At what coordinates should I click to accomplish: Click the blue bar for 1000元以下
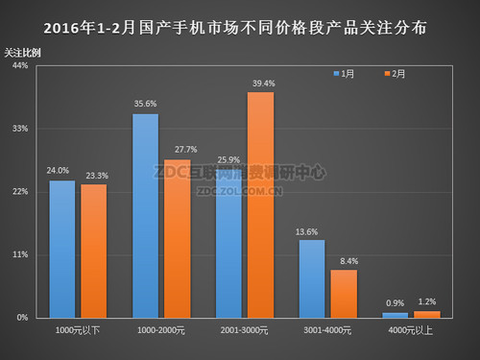(61, 249)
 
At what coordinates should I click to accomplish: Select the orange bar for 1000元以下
(94, 251)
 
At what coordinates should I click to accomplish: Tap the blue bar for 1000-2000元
(145, 215)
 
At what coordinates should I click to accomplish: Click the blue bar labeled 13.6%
(312, 278)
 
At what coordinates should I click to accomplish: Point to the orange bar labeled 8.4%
(345, 293)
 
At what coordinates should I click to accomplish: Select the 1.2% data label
(427, 302)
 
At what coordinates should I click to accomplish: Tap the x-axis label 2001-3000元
(245, 330)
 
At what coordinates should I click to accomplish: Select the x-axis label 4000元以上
(412, 330)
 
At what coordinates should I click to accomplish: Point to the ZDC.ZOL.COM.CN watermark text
(240, 190)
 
